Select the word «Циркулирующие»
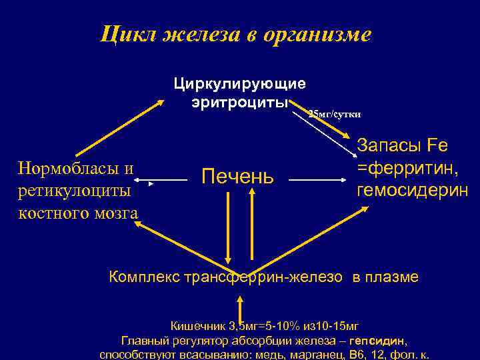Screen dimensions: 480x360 click(x=240, y=84)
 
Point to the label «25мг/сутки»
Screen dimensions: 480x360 click(x=334, y=114)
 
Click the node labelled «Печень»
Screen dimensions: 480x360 click(x=237, y=177)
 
